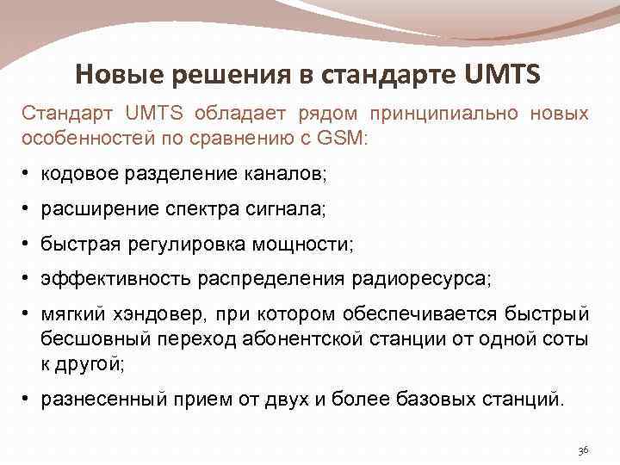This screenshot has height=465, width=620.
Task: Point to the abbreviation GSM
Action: (342, 138)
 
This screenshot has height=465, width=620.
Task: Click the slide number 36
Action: (583, 450)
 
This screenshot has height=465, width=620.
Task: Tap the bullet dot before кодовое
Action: (28, 175)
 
